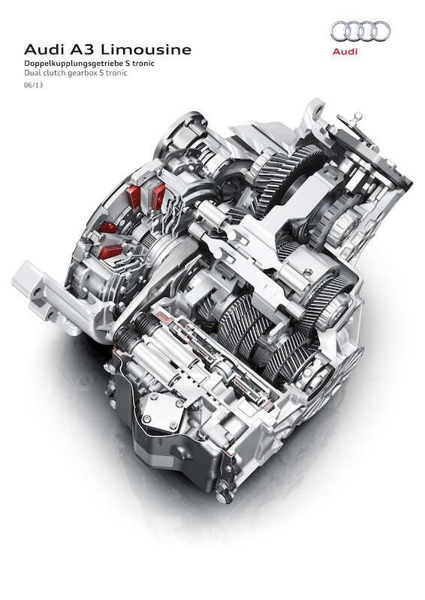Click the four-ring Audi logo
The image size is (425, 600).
(360, 31)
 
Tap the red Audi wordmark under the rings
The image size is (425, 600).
(345, 52)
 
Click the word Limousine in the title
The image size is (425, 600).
(146, 49)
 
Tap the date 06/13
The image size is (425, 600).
(33, 85)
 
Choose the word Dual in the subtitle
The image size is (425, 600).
(32, 73)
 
